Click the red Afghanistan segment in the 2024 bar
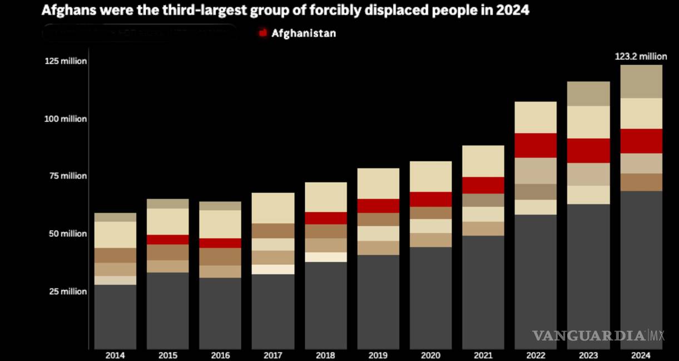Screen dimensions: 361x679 pyautogui.click(x=641, y=141)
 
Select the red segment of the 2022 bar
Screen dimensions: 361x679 pyautogui.click(x=536, y=145)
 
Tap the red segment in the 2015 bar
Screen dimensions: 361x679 pyautogui.click(x=167, y=240)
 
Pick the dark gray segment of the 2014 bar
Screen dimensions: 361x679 pyautogui.click(x=115, y=316)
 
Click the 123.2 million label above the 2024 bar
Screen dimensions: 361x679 pyautogui.click(x=641, y=56)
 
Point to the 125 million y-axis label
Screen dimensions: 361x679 pyautogui.click(x=66, y=61)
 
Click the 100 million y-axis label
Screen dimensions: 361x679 pyautogui.click(x=66, y=119)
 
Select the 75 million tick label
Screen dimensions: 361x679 pyautogui.click(x=66, y=176)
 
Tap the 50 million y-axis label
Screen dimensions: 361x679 pyautogui.click(x=66, y=234)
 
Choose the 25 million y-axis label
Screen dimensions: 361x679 pyautogui.click(x=66, y=291)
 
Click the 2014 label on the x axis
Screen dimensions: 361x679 pyautogui.click(x=115, y=355)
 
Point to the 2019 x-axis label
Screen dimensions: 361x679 pyautogui.click(x=378, y=355)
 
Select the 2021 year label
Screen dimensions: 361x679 pyautogui.click(x=483, y=355)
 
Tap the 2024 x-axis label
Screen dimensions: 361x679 pyautogui.click(x=641, y=355)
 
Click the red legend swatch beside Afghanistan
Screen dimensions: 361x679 pyautogui.click(x=263, y=33)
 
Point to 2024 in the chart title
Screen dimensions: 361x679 pyautogui.click(x=515, y=11)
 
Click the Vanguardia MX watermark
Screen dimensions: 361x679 pyautogui.click(x=598, y=335)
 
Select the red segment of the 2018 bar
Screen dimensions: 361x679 pyautogui.click(x=325, y=218)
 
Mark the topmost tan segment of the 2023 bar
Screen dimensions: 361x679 pyautogui.click(x=588, y=94)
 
